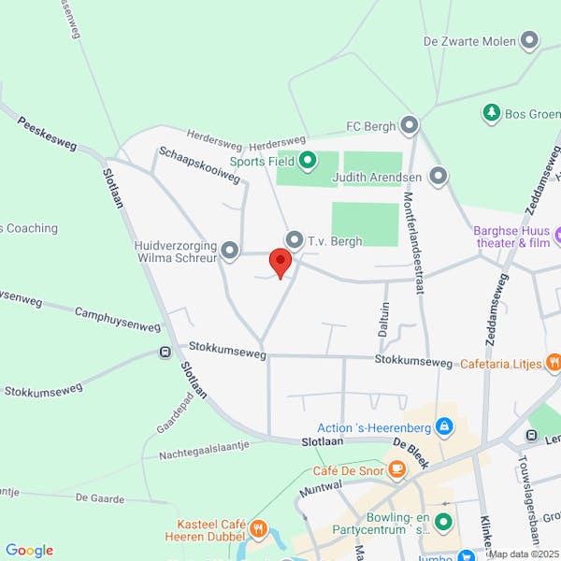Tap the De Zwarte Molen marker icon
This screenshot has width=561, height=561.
click(530, 40)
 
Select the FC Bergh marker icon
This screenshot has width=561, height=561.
click(409, 124)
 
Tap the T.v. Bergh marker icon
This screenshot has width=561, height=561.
click(295, 240)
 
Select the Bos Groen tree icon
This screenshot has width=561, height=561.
click(491, 113)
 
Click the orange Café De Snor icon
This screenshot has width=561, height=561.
click(397, 468)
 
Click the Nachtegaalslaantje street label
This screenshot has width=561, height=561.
click(204, 450)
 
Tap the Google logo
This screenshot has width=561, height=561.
click(29, 551)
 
